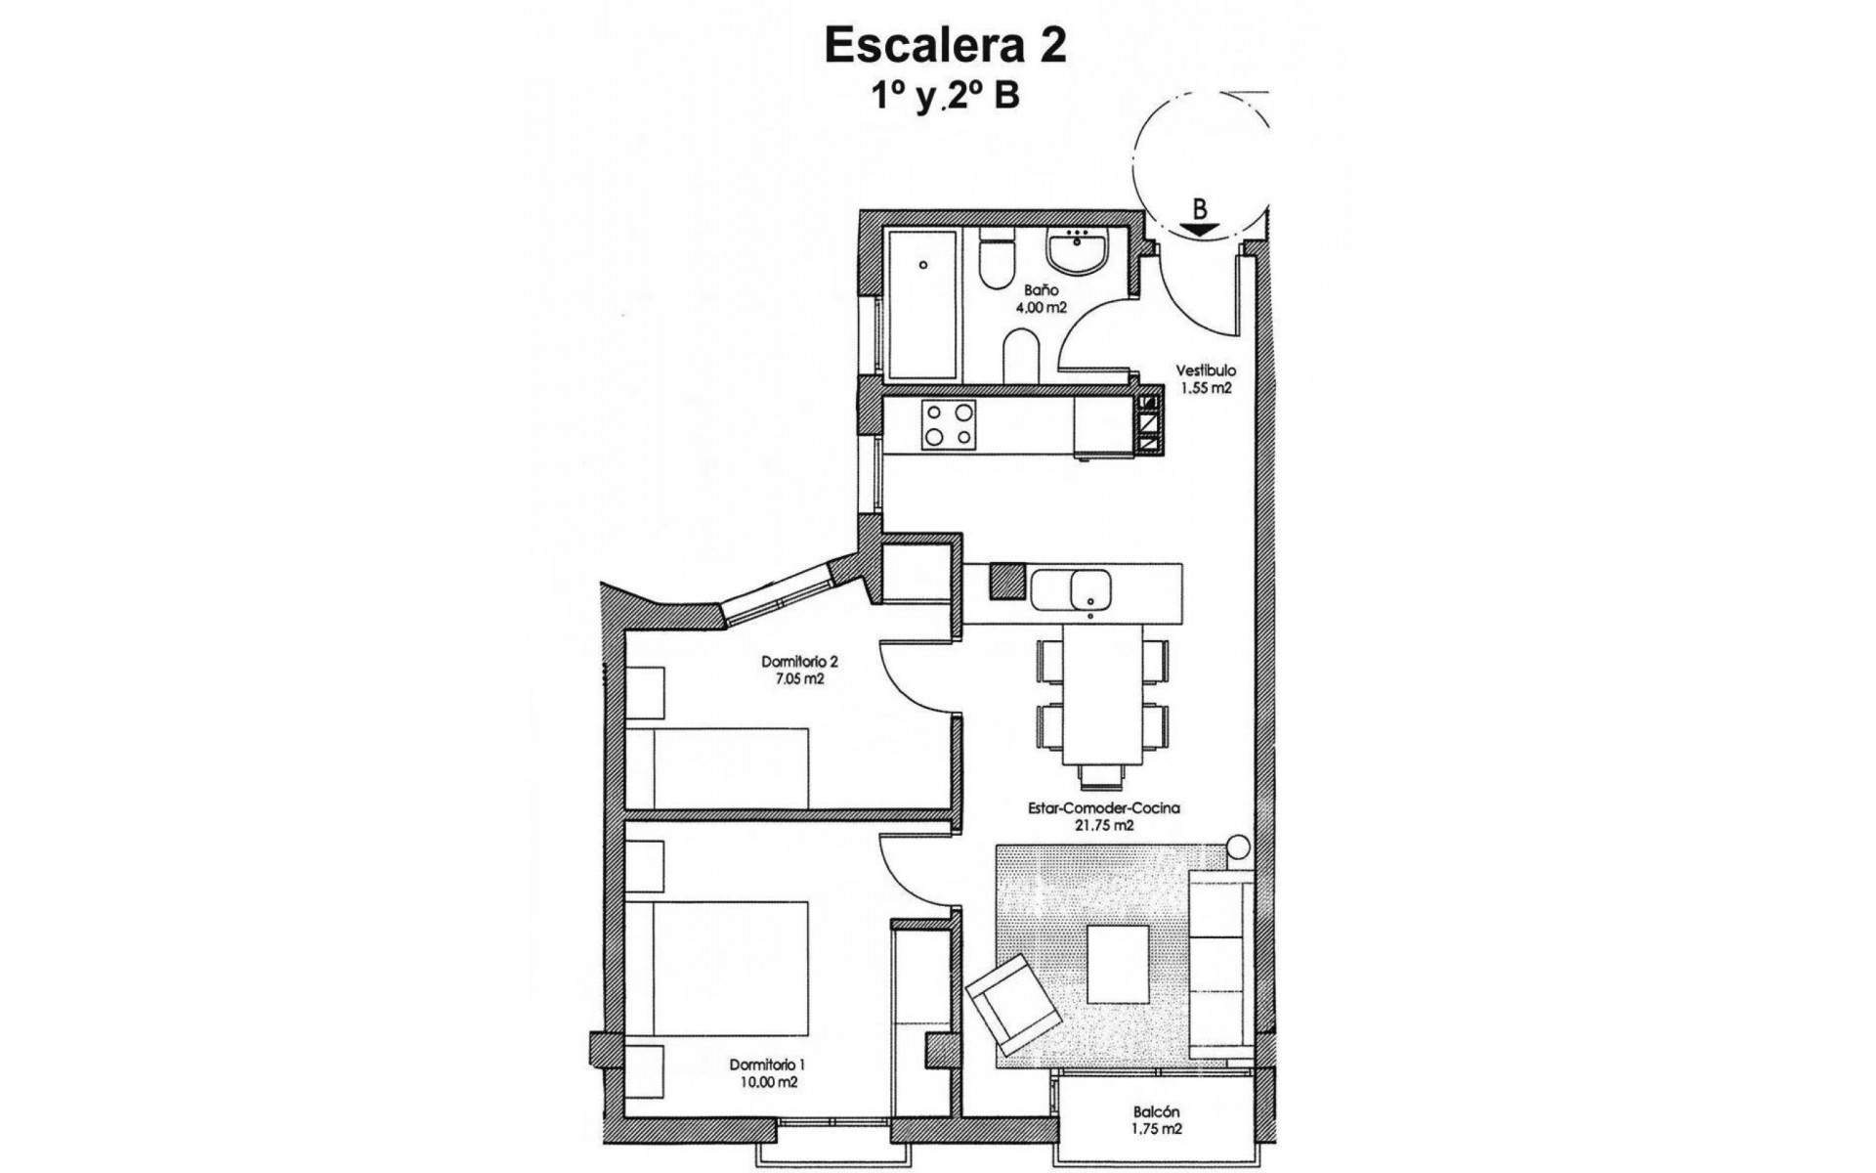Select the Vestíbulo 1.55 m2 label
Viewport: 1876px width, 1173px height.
1205,379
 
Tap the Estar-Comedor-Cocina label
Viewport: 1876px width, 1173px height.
1103,816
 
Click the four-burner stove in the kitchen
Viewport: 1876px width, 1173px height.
265,425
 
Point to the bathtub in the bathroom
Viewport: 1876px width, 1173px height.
920,306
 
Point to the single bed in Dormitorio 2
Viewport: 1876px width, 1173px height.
718,767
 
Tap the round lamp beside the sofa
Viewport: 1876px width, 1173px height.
1238,847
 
